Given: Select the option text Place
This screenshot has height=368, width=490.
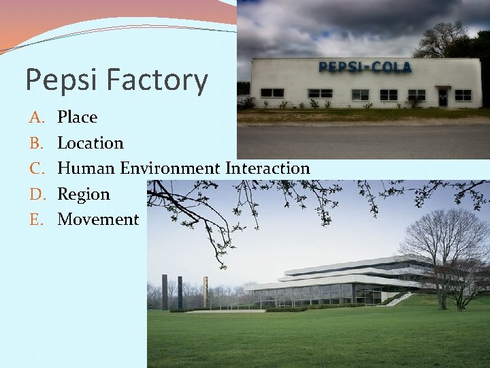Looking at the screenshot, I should point(77,117).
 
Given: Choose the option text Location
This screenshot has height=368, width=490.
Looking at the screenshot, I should point(91,143).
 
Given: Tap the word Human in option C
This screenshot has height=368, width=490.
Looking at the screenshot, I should point(86,168).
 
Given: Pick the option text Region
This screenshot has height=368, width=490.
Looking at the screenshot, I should point(83,194).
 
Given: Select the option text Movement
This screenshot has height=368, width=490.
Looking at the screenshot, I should point(98,219).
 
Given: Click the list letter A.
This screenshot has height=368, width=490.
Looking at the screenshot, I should point(36,117).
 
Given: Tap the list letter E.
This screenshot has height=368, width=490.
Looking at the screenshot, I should point(36,219).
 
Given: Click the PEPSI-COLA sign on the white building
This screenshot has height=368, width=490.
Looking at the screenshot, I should point(365,67).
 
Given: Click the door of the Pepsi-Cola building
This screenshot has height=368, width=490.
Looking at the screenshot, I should point(443,97).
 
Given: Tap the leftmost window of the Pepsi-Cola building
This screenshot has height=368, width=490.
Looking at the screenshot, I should point(272,93).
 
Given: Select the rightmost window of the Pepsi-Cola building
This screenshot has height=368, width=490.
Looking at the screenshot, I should point(463,95).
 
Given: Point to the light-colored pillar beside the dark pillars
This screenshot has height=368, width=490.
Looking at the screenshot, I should point(204,292).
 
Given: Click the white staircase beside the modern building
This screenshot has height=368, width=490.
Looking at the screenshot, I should point(401,298).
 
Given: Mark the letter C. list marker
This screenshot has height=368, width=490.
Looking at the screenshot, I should point(36,168).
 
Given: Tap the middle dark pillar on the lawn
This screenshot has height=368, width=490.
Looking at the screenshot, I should point(180,292).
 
